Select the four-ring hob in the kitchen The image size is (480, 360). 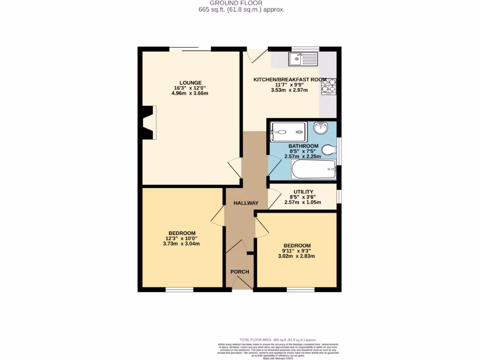[x=329, y=87]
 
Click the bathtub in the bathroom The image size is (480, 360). [x=314, y=169]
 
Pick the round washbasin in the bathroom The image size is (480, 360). [x=320, y=127]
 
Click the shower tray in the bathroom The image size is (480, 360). [x=288, y=132]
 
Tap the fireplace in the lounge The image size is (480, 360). [x=150, y=122]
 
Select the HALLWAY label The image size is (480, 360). [x=246, y=203]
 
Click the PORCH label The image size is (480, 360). [x=240, y=272]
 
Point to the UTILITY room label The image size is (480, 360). [x=303, y=192]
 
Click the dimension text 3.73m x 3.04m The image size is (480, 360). [x=181, y=244]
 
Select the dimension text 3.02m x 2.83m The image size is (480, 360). [x=296, y=256]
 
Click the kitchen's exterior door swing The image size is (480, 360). [x=255, y=56]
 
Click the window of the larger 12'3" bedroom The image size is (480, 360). [x=180, y=290]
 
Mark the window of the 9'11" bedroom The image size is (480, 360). [x=300, y=290]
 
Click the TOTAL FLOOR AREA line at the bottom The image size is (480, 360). [x=277, y=339]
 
